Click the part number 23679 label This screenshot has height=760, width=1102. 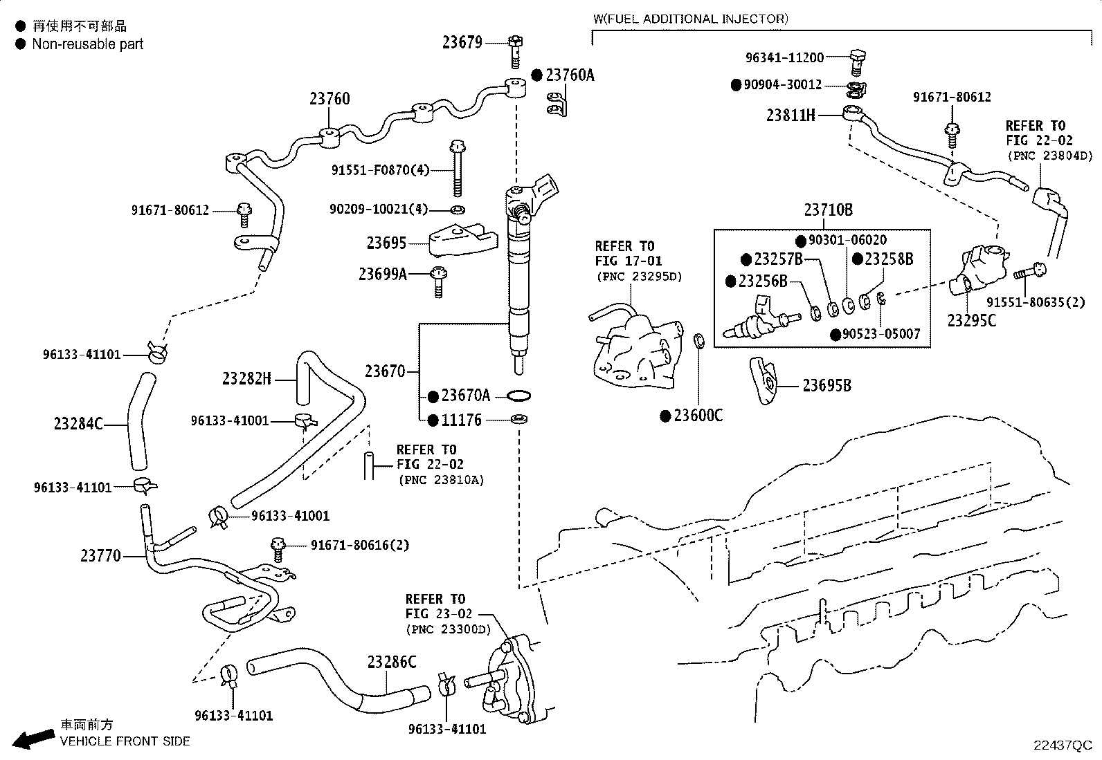pos(462,42)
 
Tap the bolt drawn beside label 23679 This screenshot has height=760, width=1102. pos(514,50)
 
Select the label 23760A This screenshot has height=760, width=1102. pos(569,75)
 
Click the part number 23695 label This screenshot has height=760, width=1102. pos(386,243)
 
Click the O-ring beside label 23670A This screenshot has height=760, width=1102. pos(519,396)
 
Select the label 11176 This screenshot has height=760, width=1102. pos(461,420)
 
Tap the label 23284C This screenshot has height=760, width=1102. pos(78,423)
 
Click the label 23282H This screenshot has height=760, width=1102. pos(246,378)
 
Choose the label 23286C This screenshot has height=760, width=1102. pos(391,662)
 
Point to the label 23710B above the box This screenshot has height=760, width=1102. pos(828,210)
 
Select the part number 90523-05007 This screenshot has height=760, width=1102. pos(880,334)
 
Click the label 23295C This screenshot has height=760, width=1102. pos(971,320)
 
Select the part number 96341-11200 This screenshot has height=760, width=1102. pos(784,58)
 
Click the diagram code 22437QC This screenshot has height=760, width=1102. pos(1062,745)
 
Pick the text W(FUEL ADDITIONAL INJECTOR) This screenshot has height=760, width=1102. pos(690,19)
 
